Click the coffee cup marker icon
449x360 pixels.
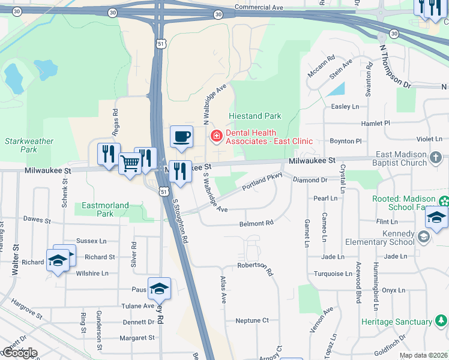[181, 137]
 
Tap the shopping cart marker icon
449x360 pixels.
[130, 163]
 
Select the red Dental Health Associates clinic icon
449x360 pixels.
[215, 137]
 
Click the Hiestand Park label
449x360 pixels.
[255, 116]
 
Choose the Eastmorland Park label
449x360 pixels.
[105, 209]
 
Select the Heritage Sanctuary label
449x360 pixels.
[397, 322]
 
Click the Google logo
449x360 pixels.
[19, 353]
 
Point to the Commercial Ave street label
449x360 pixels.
[258, 7]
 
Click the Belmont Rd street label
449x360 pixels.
[256, 223]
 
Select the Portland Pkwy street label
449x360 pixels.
[262, 182]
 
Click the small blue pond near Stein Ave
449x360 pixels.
[337, 90]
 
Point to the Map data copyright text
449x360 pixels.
[423, 355]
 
